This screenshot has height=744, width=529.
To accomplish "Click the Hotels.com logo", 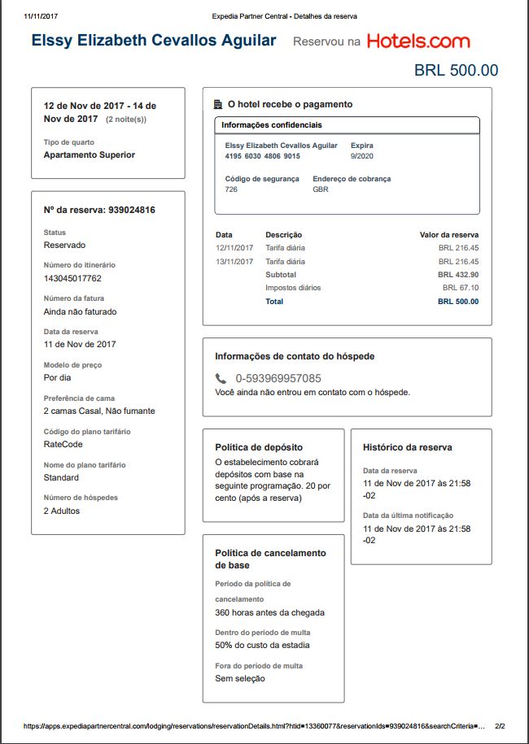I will [418, 41].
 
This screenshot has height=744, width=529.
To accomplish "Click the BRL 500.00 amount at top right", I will [456, 71].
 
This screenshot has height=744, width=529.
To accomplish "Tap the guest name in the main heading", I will [154, 41].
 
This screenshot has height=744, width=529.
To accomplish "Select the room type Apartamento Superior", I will [89, 154].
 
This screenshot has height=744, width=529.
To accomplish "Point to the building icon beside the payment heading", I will [217, 104].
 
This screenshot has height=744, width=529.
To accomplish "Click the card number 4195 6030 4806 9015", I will [262, 156].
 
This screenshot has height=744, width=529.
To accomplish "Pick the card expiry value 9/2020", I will [361, 156].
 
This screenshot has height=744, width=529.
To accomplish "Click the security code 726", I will [231, 189].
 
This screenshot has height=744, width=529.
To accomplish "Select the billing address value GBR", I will [321, 189].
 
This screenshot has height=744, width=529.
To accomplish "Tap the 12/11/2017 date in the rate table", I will [235, 248].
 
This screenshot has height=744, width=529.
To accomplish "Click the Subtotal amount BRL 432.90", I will [458, 275].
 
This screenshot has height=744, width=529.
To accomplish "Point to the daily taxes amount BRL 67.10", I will [461, 288].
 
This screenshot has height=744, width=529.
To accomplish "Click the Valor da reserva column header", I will [449, 235].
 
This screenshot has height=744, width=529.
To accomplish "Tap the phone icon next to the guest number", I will [221, 378].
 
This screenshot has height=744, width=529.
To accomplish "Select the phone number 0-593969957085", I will [278, 378].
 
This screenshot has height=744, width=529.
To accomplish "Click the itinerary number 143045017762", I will [72, 278].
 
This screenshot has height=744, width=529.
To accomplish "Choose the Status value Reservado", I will [64, 245].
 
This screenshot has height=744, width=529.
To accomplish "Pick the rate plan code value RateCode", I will [63, 445].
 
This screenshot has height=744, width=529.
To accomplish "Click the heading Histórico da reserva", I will [407, 447].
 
